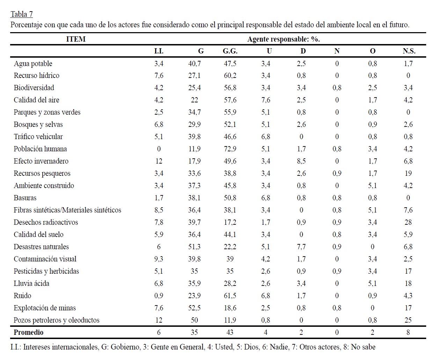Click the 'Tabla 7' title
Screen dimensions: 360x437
coord(22,14)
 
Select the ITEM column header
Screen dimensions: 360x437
coord(76,39)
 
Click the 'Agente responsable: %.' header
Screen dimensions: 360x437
coord(283,39)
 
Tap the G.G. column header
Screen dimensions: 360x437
coord(230,51)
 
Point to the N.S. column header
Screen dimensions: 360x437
coord(409,51)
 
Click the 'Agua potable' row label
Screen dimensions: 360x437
coord(33,64)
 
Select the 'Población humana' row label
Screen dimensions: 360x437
coord(40,149)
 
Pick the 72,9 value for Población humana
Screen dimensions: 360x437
coord(230,149)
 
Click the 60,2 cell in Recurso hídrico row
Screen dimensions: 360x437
coord(230,75)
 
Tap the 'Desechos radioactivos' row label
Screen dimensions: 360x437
coord(46,222)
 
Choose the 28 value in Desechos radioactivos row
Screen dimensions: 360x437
coord(408,222)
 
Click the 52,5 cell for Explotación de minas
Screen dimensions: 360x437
coord(194,308)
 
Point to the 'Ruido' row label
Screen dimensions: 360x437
coord(22,296)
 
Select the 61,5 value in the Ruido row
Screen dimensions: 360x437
coord(230,296)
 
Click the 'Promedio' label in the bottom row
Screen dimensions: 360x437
coord(29,332)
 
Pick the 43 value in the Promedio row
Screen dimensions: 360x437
coord(230,332)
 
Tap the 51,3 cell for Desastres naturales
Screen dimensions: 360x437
coord(194,247)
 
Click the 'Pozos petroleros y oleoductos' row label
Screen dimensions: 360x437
coord(57,320)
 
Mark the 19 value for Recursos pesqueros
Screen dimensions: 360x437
coord(408,173)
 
